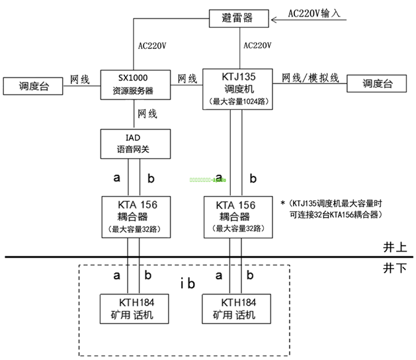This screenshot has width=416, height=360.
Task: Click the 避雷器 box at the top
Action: pyautogui.click(x=239, y=18)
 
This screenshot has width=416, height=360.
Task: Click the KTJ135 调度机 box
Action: pyautogui.click(x=239, y=88)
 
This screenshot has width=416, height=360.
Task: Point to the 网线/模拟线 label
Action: pyautogui.click(x=311, y=79)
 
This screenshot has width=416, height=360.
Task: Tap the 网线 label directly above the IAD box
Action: pyautogui.click(x=147, y=114)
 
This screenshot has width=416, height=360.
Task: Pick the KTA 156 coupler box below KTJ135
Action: pyautogui.click(x=239, y=216)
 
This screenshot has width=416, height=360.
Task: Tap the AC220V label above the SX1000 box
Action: pyautogui.click(x=152, y=47)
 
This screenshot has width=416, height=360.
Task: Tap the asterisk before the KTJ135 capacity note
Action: pyautogui.click(x=282, y=201)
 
